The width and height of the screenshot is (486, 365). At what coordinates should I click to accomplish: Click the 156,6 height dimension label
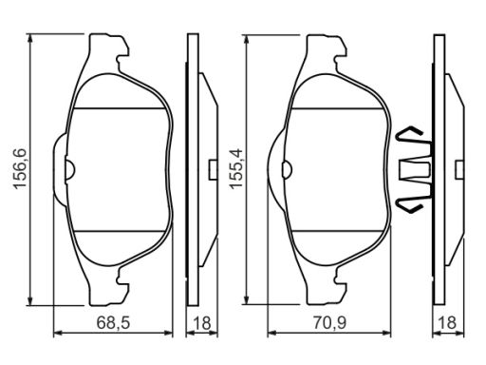coord(20,169)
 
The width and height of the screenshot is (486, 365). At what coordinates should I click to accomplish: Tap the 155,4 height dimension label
coord(236,169)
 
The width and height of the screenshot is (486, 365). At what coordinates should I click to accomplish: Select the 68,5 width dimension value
coord(113,323)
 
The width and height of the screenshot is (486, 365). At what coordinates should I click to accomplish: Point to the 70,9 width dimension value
coord(330,323)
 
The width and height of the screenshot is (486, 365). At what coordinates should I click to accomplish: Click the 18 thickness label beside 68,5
coord(202,323)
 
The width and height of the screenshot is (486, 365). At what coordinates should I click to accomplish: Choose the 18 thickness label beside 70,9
coord(448,323)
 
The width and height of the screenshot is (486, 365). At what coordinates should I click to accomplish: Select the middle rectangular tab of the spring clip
coord(415,169)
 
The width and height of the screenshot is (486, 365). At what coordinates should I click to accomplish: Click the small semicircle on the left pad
coord(70,169)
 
